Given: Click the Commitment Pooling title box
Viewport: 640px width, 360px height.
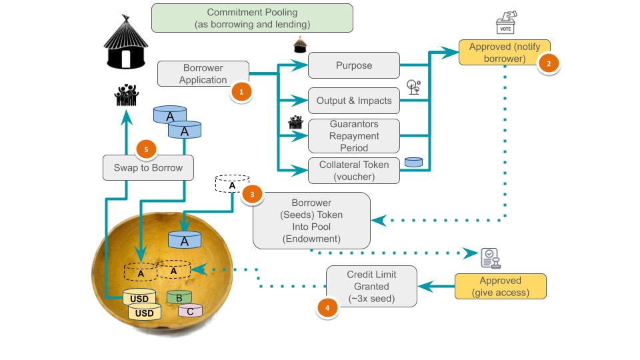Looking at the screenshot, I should [x=252, y=18].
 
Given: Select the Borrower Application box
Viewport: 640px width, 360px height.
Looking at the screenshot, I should [x=203, y=74].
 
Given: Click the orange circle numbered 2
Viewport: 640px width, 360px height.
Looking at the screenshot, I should [x=549, y=63].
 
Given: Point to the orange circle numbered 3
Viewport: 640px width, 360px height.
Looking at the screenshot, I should [x=252, y=194].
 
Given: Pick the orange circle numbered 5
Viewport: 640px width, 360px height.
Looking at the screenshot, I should [x=145, y=149].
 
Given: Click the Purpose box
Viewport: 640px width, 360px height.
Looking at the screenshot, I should [x=353, y=65].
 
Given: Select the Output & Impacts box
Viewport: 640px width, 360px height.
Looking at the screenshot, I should [x=353, y=101].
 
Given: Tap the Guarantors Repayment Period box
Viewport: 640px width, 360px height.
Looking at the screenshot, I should [x=353, y=136].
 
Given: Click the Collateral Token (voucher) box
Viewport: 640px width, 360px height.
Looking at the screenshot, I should [x=353, y=171].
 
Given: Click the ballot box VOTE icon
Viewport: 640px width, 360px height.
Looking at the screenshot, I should [x=506, y=23].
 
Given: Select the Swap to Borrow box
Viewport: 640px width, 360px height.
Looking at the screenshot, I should [x=148, y=167].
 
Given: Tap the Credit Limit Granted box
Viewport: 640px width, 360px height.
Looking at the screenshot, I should [x=371, y=286].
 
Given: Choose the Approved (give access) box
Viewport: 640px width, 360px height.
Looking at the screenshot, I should [x=500, y=286].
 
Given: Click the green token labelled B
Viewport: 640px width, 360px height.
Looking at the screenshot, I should [x=179, y=298].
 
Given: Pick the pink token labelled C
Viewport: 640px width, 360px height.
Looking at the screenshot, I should [x=190, y=310].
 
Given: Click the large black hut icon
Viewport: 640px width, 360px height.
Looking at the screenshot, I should [x=125, y=43].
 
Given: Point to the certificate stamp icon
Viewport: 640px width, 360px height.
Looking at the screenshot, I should [x=491, y=257].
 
